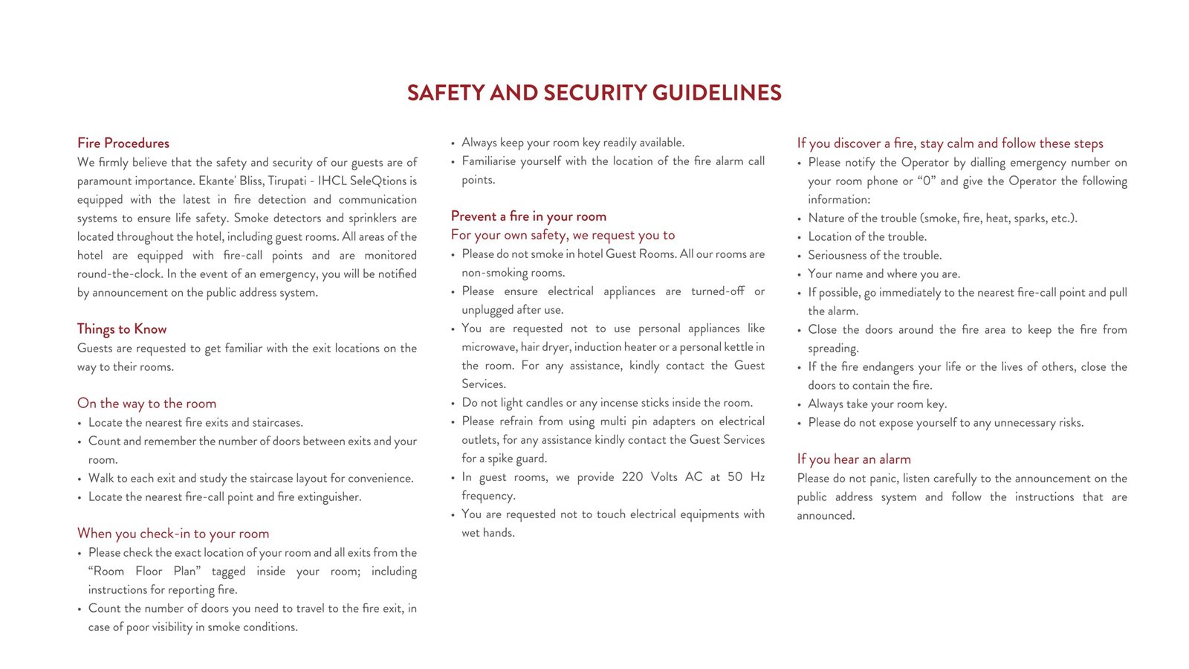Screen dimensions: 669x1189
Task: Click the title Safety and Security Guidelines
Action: (594, 93)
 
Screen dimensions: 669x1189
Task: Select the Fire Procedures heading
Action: (123, 143)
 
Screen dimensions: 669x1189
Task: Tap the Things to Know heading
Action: (122, 329)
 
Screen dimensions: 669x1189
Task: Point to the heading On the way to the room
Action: (146, 404)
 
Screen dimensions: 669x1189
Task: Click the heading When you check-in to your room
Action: (173, 534)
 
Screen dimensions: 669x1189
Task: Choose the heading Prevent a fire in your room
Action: (528, 216)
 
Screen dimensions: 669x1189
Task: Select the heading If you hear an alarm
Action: (853, 459)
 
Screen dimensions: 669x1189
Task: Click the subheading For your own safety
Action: (563, 236)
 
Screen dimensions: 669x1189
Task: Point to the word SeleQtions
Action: (383, 181)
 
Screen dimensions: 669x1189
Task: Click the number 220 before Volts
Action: (632, 477)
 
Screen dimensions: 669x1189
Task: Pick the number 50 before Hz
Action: (734, 477)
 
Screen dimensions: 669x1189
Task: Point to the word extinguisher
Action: (329, 497)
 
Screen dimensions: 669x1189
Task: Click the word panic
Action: (883, 479)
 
